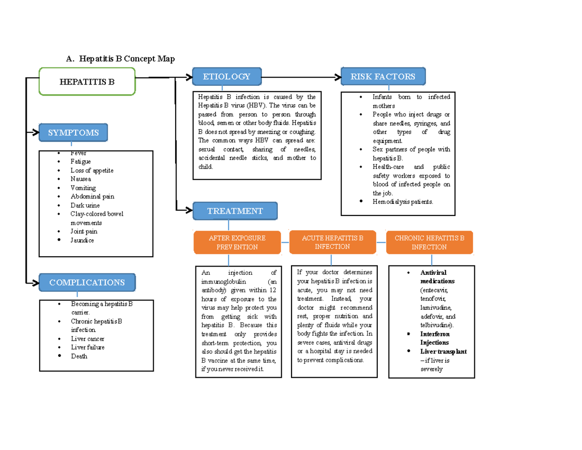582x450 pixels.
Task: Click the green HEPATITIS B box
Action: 87,82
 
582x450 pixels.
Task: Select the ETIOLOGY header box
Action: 226,76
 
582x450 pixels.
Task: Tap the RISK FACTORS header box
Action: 383,76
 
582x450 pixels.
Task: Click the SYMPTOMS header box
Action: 73,133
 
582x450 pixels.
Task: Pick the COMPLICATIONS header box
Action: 87,283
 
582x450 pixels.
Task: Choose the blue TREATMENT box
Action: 235,211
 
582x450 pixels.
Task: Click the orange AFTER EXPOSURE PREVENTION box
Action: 237,242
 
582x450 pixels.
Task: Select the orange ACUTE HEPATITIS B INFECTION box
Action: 332,242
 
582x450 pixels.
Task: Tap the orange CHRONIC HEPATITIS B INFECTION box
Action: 429,242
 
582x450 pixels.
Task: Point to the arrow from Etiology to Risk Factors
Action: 301,77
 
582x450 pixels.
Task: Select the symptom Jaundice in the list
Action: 82,240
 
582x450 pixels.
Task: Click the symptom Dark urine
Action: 85,205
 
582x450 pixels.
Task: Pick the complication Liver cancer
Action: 87,339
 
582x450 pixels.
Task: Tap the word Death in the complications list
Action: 79,356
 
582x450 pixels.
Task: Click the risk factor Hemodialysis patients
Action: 402,201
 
